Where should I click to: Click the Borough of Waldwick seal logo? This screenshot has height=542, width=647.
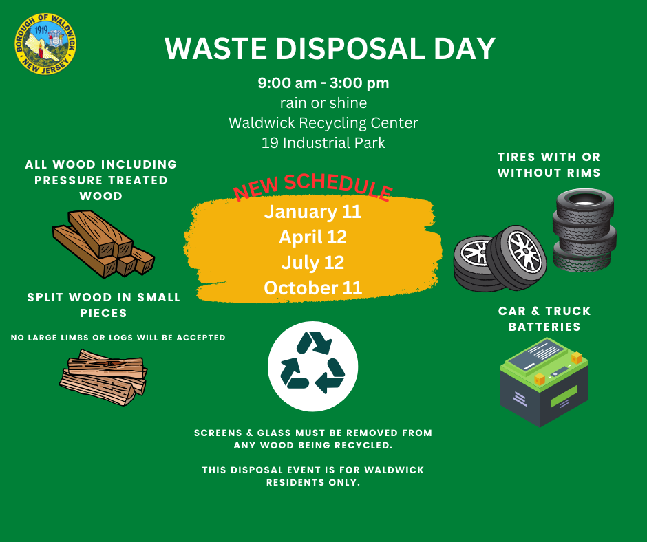(45, 44)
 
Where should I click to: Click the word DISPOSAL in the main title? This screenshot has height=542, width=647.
(350, 49)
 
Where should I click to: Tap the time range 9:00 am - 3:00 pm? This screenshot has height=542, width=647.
(323, 83)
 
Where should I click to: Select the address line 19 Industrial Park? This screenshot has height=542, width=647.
(323, 142)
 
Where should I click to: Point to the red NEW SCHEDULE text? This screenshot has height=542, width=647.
(312, 186)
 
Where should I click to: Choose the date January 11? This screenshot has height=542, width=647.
(312, 212)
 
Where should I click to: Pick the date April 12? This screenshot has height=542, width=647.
(312, 237)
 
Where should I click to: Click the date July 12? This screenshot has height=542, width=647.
(312, 263)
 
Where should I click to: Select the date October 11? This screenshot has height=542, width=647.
(312, 288)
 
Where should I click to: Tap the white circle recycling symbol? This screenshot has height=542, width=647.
(312, 367)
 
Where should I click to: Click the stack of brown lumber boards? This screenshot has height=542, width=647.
(103, 243)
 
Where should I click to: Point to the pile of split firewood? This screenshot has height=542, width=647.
(103, 378)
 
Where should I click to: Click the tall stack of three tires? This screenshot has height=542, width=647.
(584, 230)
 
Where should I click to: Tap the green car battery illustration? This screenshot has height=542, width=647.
(544, 382)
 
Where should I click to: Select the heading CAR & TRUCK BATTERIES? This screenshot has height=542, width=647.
(544, 319)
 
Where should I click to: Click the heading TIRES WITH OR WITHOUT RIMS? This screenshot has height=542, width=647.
(549, 164)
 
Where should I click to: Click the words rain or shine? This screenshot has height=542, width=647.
(323, 102)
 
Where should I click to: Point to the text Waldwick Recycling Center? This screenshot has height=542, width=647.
(323, 123)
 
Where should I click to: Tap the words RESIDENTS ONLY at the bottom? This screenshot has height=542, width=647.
(313, 482)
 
